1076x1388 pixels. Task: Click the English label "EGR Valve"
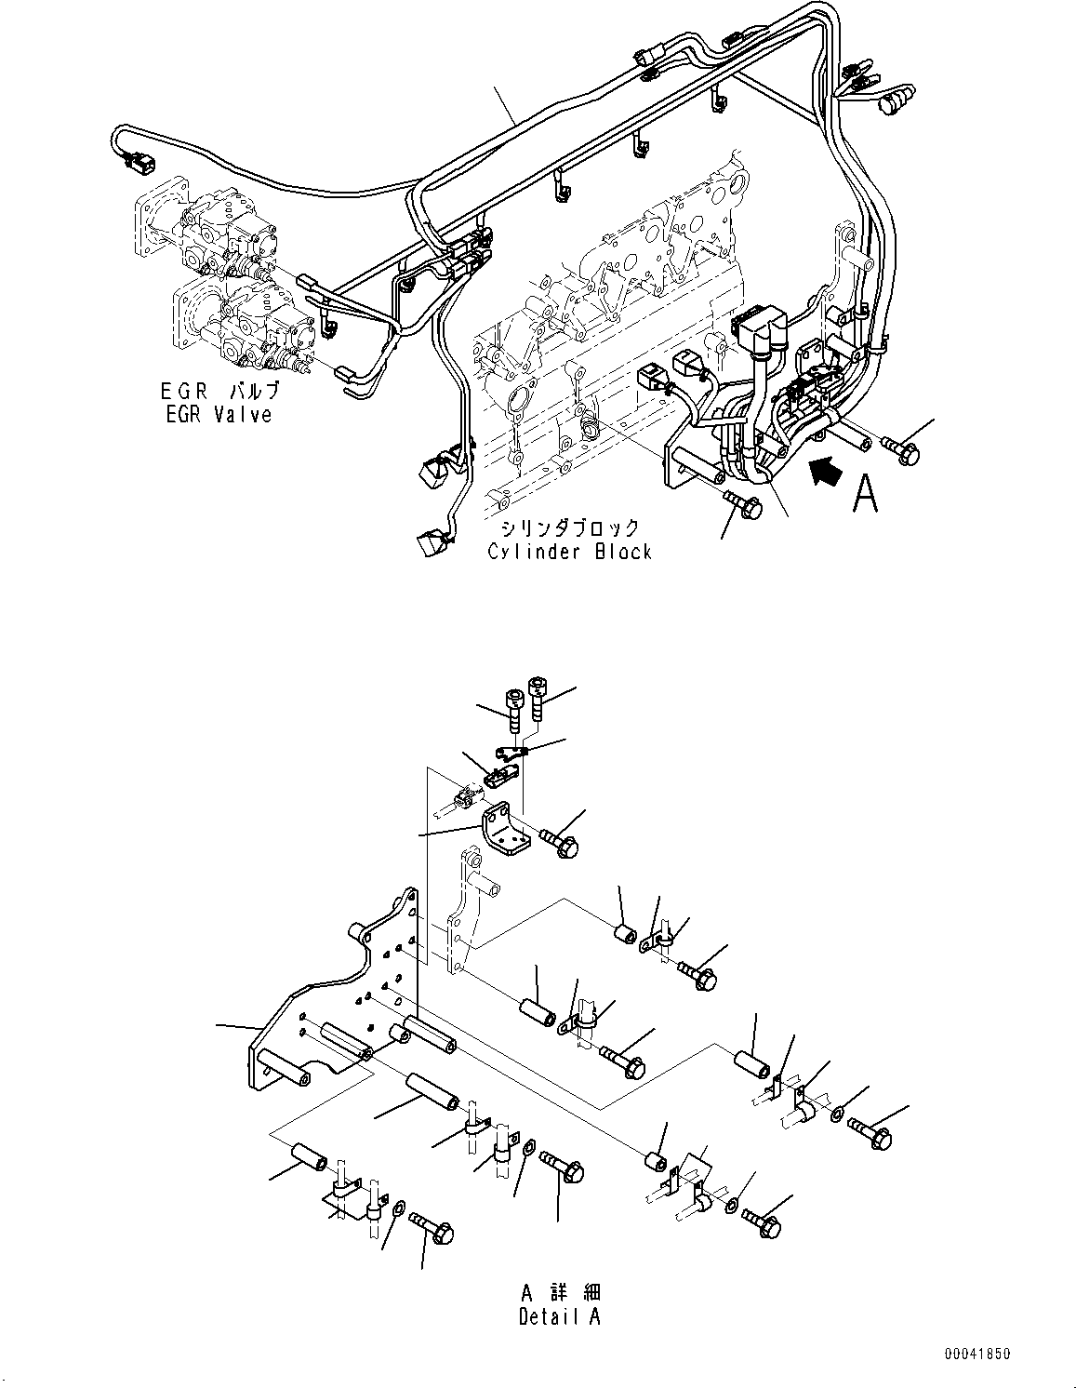pyautogui.click(x=219, y=415)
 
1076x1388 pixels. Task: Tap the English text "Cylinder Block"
pyautogui.click(x=569, y=552)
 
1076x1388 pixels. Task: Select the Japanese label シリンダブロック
pyautogui.click(x=569, y=528)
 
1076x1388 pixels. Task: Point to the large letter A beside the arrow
pyautogui.click(x=864, y=494)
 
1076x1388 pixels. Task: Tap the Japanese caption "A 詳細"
pyautogui.click(x=560, y=1292)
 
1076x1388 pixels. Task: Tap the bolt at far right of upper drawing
pyautogui.click(x=899, y=449)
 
